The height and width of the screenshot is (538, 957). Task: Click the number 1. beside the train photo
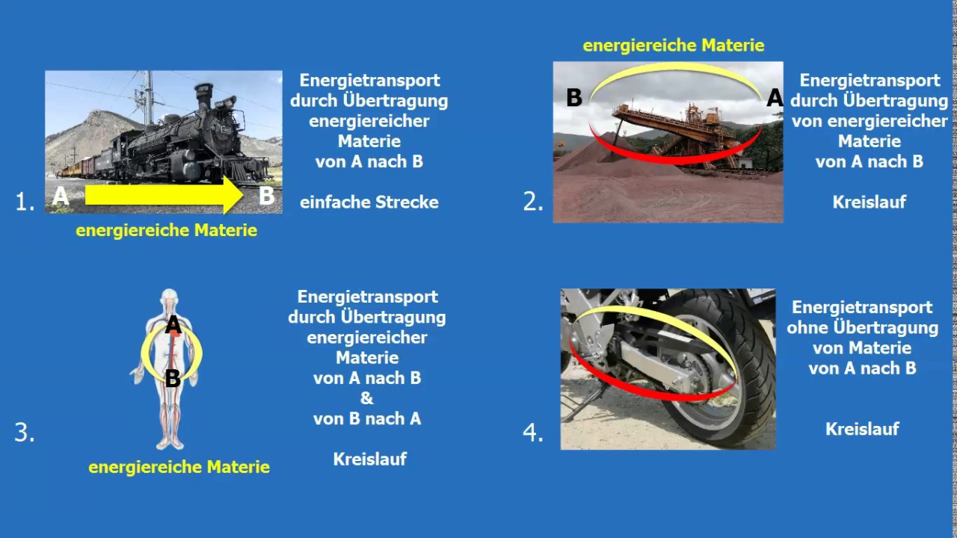pyautogui.click(x=25, y=202)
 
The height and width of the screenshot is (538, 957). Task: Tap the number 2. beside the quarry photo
pyautogui.click(x=532, y=202)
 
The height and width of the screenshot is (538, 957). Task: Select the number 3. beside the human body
pyautogui.click(x=25, y=433)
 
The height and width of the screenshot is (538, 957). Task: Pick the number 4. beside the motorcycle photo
pyautogui.click(x=532, y=433)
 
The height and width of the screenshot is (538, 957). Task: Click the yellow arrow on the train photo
pyautogui.click(x=164, y=196)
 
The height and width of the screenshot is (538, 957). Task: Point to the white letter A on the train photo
pyautogui.click(x=61, y=197)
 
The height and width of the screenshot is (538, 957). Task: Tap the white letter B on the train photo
pyautogui.click(x=266, y=197)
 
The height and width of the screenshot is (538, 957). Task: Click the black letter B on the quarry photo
pyautogui.click(x=573, y=98)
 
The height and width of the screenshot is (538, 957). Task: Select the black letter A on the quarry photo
pyautogui.click(x=775, y=98)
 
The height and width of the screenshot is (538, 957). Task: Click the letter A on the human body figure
pyautogui.click(x=173, y=325)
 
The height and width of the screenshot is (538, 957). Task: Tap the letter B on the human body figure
pyautogui.click(x=173, y=379)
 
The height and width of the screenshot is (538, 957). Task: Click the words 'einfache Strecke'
pyautogui.click(x=369, y=202)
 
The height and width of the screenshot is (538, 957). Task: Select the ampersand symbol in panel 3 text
pyautogui.click(x=366, y=398)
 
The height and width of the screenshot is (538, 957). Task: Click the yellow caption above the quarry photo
pyautogui.click(x=673, y=46)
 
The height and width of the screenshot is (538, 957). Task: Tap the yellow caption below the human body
pyautogui.click(x=179, y=468)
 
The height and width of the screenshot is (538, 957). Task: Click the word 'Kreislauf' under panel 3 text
pyautogui.click(x=369, y=459)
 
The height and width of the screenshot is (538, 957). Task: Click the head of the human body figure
pyautogui.click(x=171, y=298)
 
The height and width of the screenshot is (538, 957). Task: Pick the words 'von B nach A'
pyautogui.click(x=367, y=418)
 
